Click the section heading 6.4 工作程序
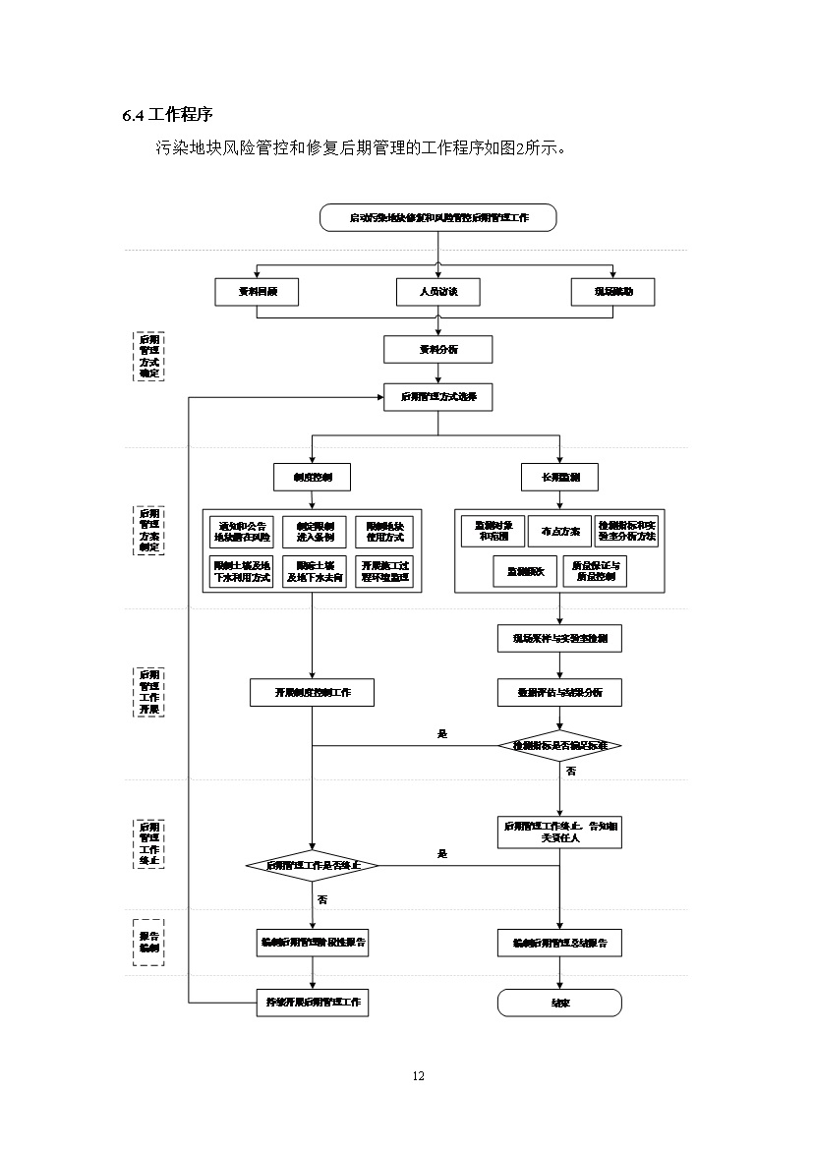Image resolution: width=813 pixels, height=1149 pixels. (168, 115)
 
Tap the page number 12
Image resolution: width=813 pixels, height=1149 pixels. (419, 1075)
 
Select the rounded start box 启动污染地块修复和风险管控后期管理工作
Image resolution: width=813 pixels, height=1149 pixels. (438, 217)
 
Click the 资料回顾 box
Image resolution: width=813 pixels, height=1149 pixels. (257, 291)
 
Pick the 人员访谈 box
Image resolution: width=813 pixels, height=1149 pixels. (438, 291)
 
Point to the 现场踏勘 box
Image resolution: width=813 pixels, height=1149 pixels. (612, 291)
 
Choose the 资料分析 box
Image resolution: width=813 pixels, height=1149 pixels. (438, 349)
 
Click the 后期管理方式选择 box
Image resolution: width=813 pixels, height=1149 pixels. (438, 397)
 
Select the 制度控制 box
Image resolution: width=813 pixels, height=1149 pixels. (312, 477)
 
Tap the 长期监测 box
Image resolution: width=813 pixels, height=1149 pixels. (559, 477)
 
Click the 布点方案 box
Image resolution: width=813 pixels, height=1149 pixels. (559, 531)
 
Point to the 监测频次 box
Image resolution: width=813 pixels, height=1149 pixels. (525, 571)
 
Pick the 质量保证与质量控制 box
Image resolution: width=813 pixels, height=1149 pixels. (594, 571)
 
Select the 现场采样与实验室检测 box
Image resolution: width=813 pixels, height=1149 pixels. (559, 638)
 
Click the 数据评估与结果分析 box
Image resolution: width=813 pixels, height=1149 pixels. (559, 692)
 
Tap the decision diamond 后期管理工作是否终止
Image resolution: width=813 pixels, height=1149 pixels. (312, 866)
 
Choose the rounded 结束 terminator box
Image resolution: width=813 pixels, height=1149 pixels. (559, 1003)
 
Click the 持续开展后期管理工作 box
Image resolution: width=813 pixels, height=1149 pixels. (312, 1003)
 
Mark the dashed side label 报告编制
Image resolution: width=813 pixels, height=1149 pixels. (148, 942)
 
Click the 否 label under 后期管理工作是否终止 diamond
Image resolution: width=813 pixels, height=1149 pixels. (322, 899)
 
